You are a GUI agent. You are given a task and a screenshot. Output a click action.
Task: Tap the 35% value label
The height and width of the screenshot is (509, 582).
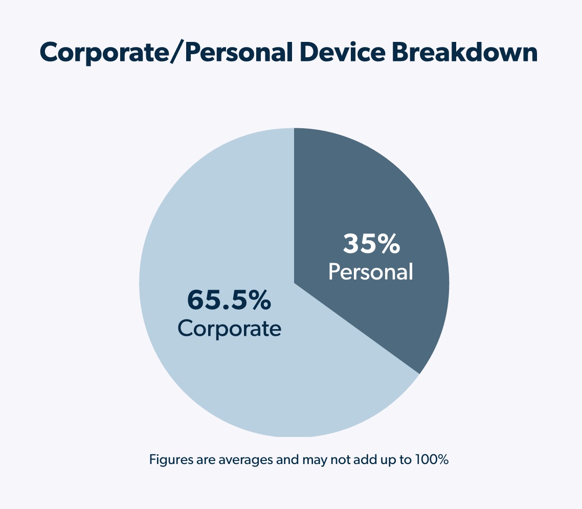tap(371, 244)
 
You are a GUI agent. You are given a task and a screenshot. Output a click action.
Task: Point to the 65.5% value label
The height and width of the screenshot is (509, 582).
tap(229, 300)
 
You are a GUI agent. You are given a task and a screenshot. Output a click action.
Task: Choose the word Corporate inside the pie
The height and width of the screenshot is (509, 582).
tap(229, 328)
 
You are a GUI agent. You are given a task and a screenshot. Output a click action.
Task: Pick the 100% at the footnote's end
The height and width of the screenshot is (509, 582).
tap(435, 459)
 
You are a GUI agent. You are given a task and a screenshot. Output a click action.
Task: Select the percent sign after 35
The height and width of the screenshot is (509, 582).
tap(388, 244)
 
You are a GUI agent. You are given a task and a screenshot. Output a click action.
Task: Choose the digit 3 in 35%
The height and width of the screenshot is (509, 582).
tap(351, 244)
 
